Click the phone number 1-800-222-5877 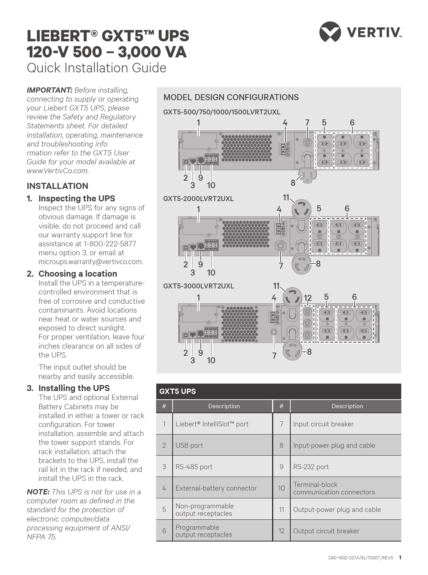pos(109,244)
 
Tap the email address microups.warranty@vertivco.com pos(91,262)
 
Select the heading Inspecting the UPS pos(77,199)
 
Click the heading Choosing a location pos(78,274)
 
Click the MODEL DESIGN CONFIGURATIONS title pos(231,97)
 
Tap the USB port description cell pos(189,445)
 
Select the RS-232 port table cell pos(311,467)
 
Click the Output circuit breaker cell pos(326,531)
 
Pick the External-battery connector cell pos(216,488)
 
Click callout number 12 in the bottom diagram pos(307,298)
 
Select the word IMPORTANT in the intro pos(49,90)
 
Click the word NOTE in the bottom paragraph pos(38,492)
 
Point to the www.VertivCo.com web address pos(57,171)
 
